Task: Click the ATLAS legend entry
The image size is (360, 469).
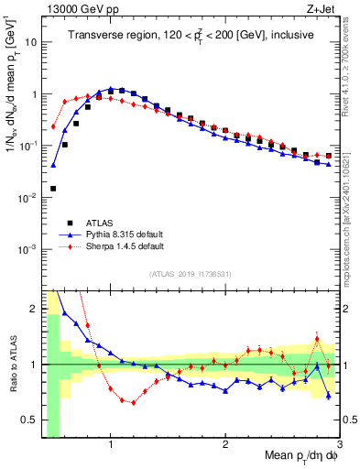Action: click(x=98, y=222)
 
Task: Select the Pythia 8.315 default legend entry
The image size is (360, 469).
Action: click(x=117, y=234)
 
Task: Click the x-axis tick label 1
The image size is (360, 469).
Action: click(x=111, y=446)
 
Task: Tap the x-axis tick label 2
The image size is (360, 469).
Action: click(x=225, y=446)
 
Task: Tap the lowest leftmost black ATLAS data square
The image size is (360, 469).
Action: click(x=53, y=189)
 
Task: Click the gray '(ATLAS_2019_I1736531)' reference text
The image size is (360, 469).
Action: click(x=190, y=275)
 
